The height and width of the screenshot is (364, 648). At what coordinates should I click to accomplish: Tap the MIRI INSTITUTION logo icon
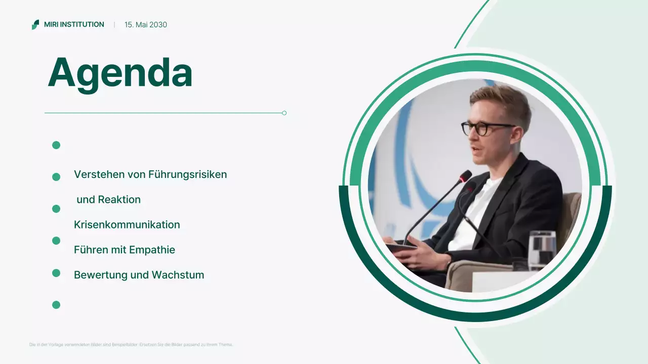[x=35, y=25]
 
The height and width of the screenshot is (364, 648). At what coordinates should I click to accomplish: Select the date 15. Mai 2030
[x=146, y=25]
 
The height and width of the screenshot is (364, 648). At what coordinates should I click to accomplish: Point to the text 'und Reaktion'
[x=108, y=200]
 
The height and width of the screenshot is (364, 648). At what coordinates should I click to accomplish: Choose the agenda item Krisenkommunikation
[x=127, y=224]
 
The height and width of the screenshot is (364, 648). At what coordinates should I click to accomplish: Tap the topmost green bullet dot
[x=56, y=145]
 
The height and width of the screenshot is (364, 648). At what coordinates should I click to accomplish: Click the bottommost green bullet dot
[x=56, y=305]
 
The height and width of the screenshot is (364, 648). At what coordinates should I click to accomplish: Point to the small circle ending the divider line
[x=284, y=113]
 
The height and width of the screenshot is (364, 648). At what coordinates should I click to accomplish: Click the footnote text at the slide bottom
[x=131, y=345]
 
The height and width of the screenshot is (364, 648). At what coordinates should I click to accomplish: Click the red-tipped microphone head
[x=465, y=176]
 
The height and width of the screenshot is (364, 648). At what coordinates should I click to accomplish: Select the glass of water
[x=542, y=249]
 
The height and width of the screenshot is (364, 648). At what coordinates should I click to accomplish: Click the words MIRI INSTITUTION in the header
[x=74, y=25]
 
